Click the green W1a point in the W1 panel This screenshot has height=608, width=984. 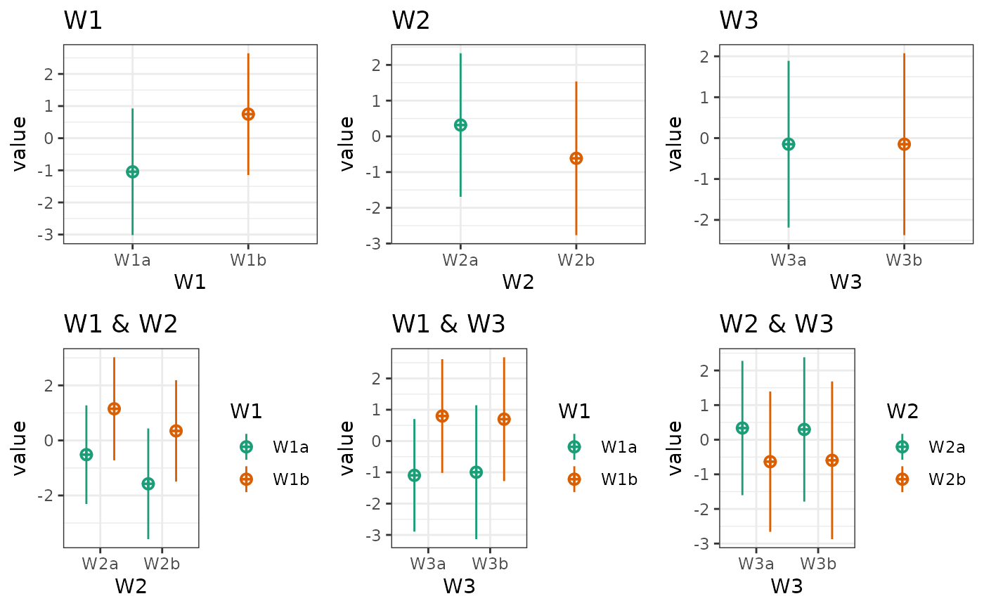pyautogui.click(x=132, y=172)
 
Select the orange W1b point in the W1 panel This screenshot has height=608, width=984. pyautogui.click(x=248, y=114)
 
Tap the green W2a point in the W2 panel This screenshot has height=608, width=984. pyautogui.click(x=460, y=125)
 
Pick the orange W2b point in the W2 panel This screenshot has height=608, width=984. pyautogui.click(x=576, y=158)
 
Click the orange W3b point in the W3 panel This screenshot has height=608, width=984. pyautogui.click(x=904, y=144)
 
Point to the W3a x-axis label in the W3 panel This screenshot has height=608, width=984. pyautogui.click(x=788, y=260)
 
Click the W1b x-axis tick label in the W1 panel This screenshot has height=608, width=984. pyautogui.click(x=248, y=260)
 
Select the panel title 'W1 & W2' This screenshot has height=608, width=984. pyautogui.click(x=120, y=324)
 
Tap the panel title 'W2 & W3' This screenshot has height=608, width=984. pyautogui.click(x=776, y=324)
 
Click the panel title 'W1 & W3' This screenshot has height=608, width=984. pyautogui.click(x=448, y=324)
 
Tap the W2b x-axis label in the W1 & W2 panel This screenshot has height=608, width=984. pyautogui.click(x=162, y=564)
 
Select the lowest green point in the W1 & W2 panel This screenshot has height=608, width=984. pyautogui.click(x=148, y=484)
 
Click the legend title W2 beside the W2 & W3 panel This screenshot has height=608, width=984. pyautogui.click(x=902, y=411)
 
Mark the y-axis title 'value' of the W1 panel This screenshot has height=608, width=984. pyautogui.click(x=20, y=144)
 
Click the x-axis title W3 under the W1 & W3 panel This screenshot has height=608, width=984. pyautogui.click(x=459, y=586)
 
